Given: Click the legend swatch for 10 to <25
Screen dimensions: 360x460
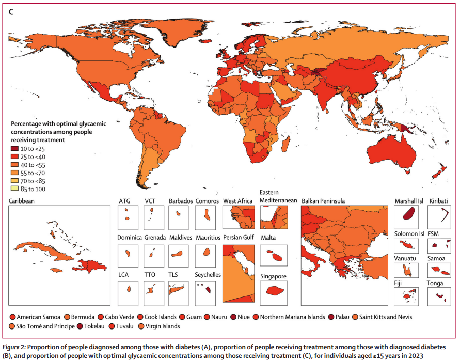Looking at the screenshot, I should pyautogui.click(x=15, y=149).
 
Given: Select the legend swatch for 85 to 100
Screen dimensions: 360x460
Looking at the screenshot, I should pyautogui.click(x=15, y=190).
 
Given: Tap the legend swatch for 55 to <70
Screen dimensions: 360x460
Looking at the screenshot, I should pyautogui.click(x=15, y=173).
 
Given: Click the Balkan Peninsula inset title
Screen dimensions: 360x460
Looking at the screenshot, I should pyautogui.click(x=323, y=201).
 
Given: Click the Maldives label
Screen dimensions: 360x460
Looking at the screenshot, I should pyautogui.click(x=180, y=238).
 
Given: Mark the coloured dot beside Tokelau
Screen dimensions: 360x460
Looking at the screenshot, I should pyautogui.click(x=80, y=326).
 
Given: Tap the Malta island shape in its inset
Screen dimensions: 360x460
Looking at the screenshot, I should pyautogui.click(x=273, y=256).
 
